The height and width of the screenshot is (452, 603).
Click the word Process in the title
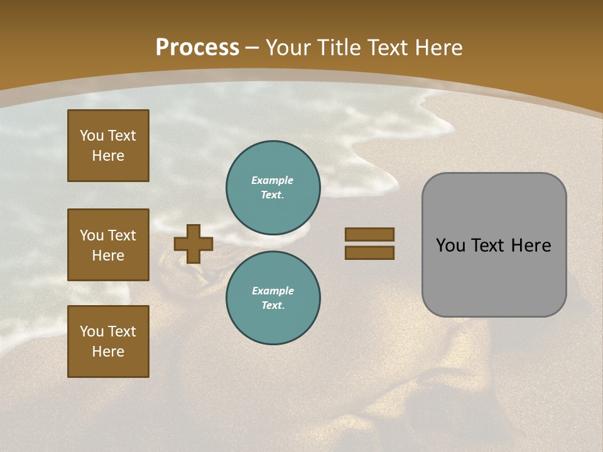point(197,48)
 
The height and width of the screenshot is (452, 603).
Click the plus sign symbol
point(193,244)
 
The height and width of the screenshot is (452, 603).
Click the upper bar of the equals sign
point(369,235)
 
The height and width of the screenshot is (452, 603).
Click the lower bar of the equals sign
point(369,252)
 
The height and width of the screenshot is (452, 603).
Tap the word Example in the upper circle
point(273,180)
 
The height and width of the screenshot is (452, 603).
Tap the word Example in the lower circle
point(273,291)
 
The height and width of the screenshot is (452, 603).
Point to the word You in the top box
point(91,136)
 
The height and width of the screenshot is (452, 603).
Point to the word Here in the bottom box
point(108,352)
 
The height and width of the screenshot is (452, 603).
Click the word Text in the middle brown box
point(122,235)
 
